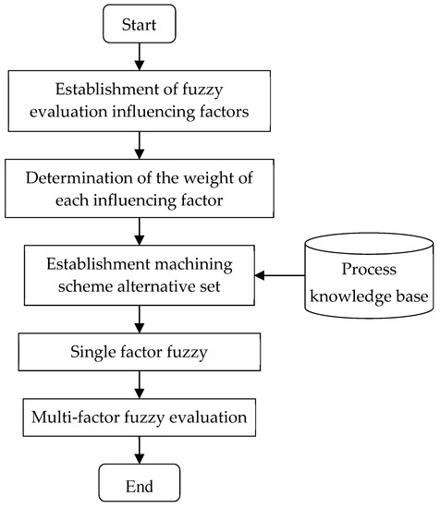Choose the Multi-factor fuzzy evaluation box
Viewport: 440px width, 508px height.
[138, 417]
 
